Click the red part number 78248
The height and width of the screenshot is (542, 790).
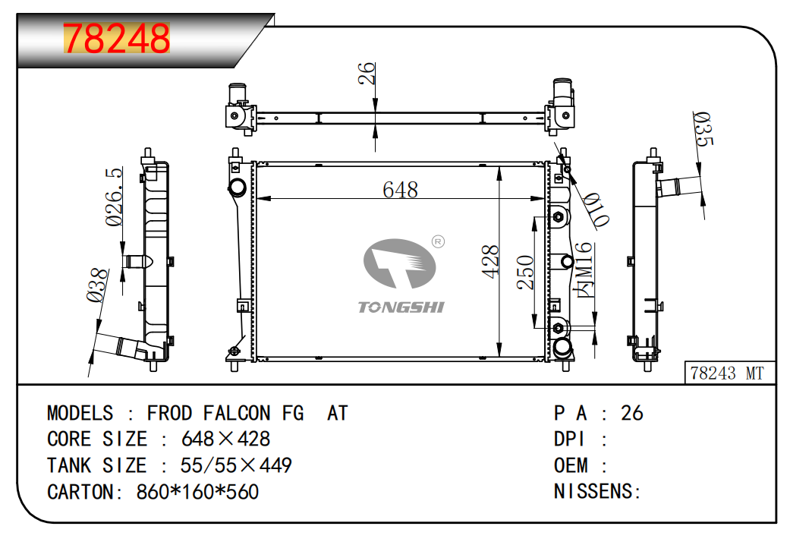[117, 39]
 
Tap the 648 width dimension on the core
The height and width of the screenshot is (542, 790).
[400, 190]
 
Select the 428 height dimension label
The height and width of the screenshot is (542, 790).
[491, 260]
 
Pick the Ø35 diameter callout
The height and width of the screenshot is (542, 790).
[703, 129]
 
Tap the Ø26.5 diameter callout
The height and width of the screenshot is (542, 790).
[115, 197]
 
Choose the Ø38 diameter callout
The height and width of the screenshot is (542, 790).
[96, 286]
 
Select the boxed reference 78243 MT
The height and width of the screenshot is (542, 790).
[728, 373]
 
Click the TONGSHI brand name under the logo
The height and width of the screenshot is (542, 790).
[401, 307]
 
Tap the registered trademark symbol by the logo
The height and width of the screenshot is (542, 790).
[438, 241]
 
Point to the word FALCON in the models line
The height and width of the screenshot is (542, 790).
[236, 413]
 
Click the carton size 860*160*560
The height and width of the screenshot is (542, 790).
[197, 492]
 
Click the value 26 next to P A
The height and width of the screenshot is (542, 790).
[631, 413]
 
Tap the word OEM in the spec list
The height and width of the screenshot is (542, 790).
[571, 465]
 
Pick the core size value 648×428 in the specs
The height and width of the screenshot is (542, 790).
[225, 439]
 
